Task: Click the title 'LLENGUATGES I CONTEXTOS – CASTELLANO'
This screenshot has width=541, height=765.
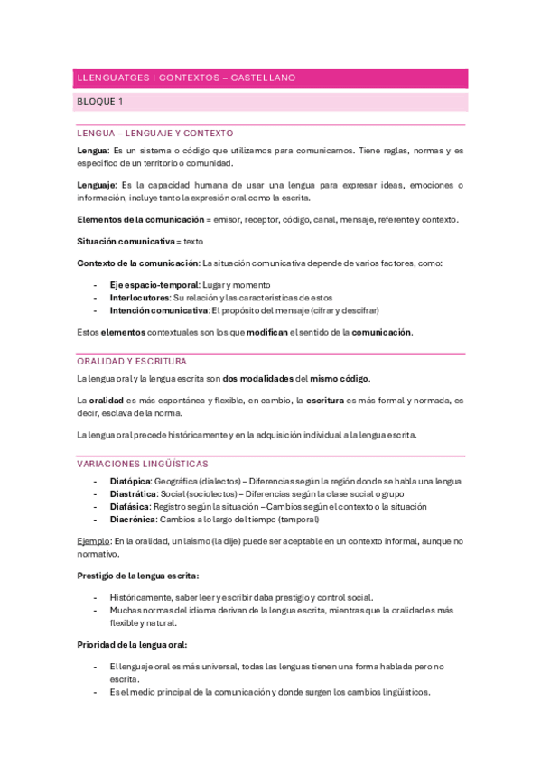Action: pyautogui.click(x=186, y=78)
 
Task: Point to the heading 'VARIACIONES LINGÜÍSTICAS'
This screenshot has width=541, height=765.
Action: pyautogui.click(x=143, y=463)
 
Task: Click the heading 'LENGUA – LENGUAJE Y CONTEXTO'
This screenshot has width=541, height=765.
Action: pyautogui.click(x=155, y=133)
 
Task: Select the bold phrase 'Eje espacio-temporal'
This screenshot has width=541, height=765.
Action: pyautogui.click(x=148, y=284)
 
